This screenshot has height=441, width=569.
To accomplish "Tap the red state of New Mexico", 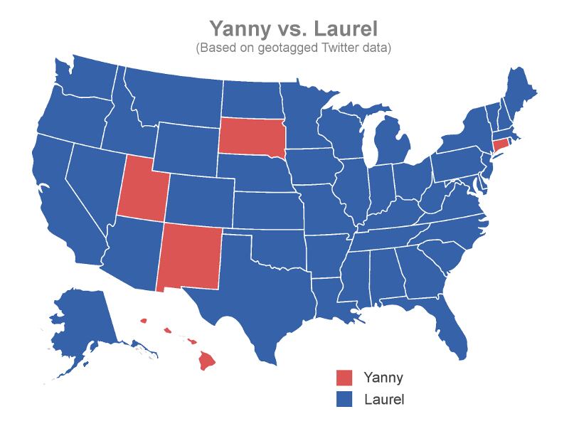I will tap(188, 257).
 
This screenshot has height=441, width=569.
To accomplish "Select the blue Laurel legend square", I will tap(344, 399).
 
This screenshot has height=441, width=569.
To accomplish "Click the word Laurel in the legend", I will tap(383, 399).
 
